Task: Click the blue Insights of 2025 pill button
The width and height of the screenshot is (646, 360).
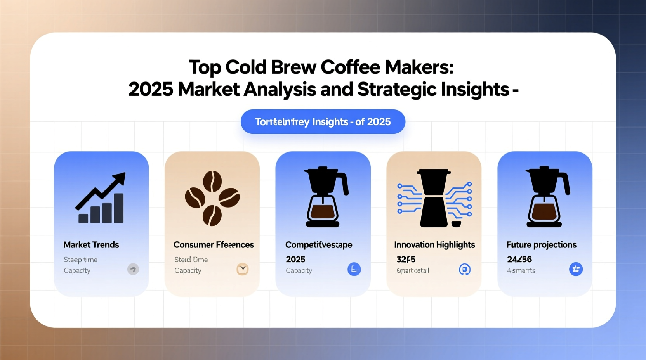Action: pyautogui.click(x=323, y=122)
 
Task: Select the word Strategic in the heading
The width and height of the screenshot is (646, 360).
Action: pyautogui.click(x=396, y=90)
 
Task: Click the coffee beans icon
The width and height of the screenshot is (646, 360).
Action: pyautogui.click(x=212, y=198)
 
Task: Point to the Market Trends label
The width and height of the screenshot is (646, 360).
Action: pyautogui.click(x=91, y=245)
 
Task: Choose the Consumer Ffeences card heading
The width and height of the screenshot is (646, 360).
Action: pyautogui.click(x=214, y=245)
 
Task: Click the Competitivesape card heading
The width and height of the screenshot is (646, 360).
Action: pyautogui.click(x=319, y=245)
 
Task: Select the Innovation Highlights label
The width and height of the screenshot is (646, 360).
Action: pyautogui.click(x=434, y=245)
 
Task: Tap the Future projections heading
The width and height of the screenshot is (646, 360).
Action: pyautogui.click(x=541, y=245)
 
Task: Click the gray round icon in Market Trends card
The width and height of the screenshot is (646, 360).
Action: pyautogui.click(x=133, y=269)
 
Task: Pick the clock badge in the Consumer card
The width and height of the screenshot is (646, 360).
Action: pyautogui.click(x=243, y=269)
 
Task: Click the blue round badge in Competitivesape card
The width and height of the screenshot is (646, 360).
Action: pyautogui.click(x=354, y=269)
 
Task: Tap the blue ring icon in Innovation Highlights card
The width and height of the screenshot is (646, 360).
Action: pyautogui.click(x=465, y=269)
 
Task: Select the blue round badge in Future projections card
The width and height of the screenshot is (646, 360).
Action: pyautogui.click(x=576, y=269)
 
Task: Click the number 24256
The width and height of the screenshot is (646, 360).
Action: pyautogui.click(x=519, y=259)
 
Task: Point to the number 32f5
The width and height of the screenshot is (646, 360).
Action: pyautogui.click(x=406, y=259)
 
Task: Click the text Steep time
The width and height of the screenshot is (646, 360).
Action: pyautogui.click(x=80, y=260)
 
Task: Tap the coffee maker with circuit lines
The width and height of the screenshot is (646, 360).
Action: pyautogui.click(x=434, y=198)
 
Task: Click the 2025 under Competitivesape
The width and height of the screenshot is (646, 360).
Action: pyautogui.click(x=295, y=259)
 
